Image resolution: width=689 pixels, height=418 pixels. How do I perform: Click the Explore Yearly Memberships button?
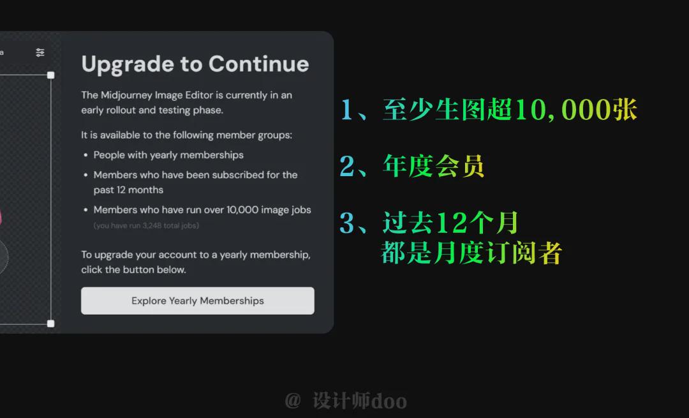point(198,301)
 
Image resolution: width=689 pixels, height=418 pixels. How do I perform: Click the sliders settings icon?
point(40,52)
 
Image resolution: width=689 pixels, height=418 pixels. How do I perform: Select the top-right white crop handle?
point(51,75)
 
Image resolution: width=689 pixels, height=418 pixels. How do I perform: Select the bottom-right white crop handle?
point(51,324)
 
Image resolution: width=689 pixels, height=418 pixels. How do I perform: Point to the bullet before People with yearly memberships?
point(85,155)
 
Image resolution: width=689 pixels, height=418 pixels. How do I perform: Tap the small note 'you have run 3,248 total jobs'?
point(147,225)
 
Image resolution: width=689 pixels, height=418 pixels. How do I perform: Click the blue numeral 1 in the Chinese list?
point(346,110)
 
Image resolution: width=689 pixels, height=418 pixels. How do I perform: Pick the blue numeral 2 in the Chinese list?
point(346,166)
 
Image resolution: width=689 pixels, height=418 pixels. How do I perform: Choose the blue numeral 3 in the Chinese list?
point(346,223)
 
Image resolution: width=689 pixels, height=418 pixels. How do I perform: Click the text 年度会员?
point(434,166)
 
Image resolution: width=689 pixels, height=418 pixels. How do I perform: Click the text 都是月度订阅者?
point(471,253)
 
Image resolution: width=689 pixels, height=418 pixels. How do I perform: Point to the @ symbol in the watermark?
point(292,400)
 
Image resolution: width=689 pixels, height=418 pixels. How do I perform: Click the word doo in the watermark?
point(389,401)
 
